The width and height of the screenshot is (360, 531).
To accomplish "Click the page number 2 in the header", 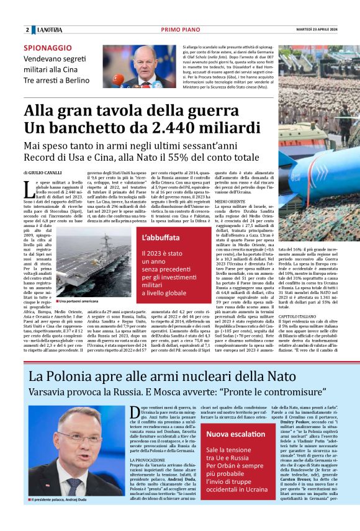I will [27, 30].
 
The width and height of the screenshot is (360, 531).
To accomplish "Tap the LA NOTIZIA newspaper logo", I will [48, 30].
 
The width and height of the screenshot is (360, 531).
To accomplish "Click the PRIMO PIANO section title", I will [179, 30].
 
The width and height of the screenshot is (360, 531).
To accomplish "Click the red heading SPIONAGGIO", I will [48, 48].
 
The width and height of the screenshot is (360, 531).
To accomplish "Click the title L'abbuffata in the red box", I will [161, 238].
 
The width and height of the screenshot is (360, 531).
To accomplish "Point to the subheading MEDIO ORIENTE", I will [229, 202].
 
